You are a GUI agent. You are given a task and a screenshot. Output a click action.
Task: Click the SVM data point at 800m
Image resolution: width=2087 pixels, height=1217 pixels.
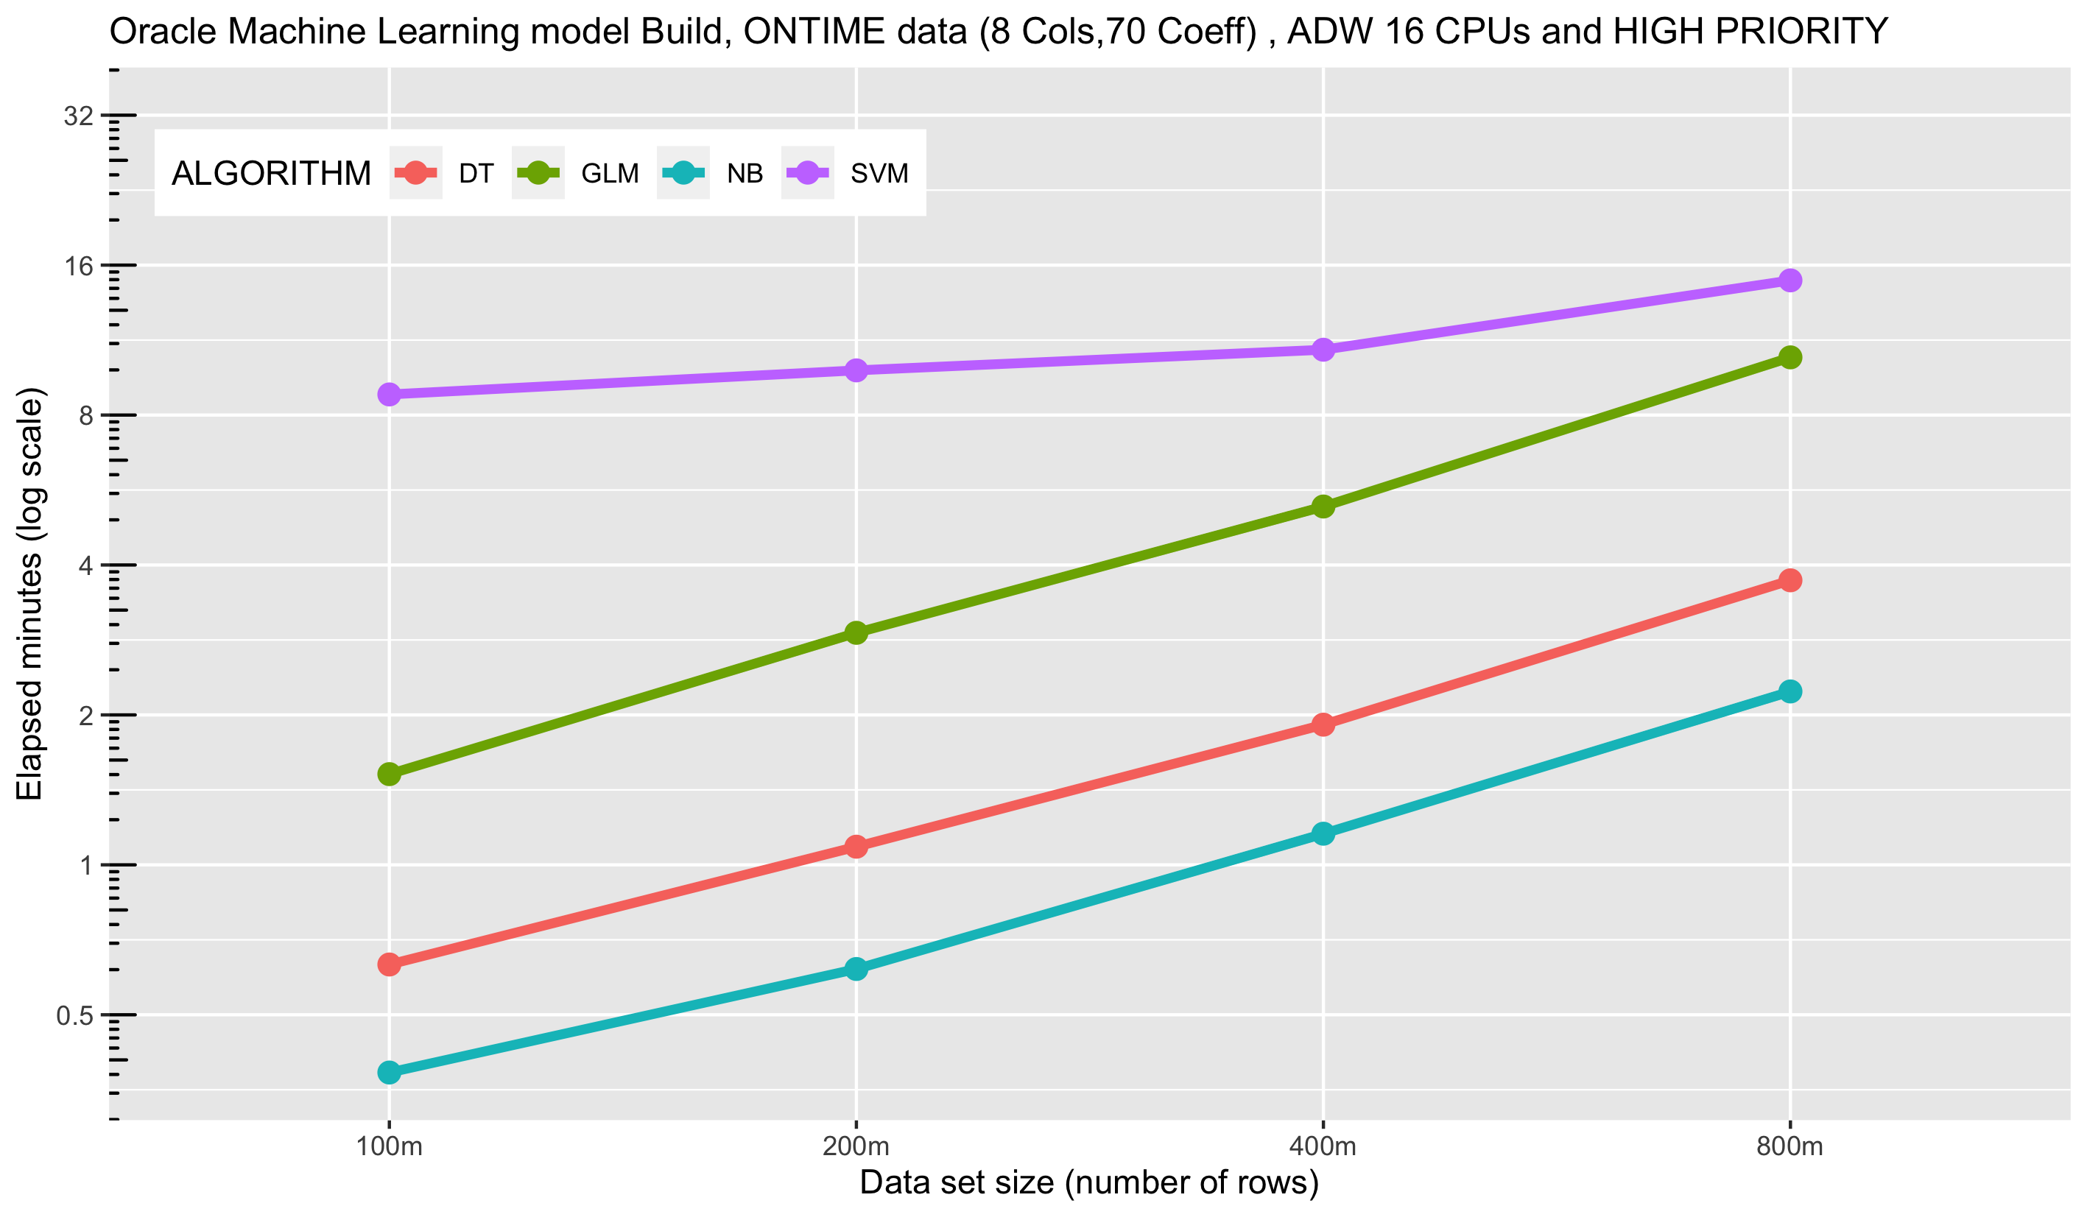1789,281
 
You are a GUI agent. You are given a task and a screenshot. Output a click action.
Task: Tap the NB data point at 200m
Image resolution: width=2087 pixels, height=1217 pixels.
856,969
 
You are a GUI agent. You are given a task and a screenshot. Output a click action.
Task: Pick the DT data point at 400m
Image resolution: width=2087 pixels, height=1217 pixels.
1323,724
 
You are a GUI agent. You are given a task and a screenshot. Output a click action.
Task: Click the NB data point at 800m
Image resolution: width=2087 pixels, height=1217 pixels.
1789,691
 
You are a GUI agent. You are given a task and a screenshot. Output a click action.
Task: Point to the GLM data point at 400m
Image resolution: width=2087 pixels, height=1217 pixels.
1323,506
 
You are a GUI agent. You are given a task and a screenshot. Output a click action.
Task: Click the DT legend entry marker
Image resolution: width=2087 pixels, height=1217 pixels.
416,173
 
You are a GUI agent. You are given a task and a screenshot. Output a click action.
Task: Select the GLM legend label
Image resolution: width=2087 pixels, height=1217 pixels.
610,174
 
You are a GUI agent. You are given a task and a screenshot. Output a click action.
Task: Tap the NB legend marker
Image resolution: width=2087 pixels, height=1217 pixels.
683,173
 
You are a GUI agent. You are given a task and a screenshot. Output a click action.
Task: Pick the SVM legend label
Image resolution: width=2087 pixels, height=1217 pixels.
879,174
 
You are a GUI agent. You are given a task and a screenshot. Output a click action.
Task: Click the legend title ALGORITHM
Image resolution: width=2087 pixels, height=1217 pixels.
271,174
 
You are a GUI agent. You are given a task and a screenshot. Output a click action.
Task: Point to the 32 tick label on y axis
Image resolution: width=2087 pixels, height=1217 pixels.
79,116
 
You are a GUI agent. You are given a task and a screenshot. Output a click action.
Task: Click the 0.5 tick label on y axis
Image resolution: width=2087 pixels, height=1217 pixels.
74,1016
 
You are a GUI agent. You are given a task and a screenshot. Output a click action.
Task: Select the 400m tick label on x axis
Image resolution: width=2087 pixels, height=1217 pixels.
1323,1146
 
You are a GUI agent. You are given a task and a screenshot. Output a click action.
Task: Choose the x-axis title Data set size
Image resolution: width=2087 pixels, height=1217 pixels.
1089,1183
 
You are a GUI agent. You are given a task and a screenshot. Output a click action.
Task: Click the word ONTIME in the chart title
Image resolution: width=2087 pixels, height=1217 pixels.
856,32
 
